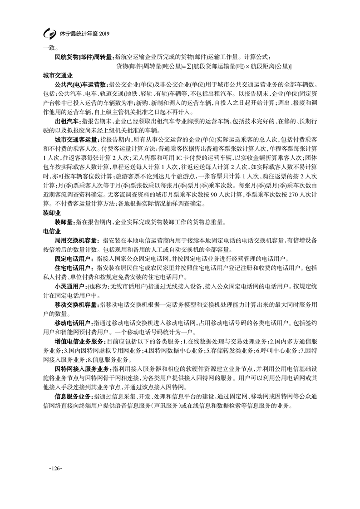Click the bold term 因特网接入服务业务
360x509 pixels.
tap(82, 368)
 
